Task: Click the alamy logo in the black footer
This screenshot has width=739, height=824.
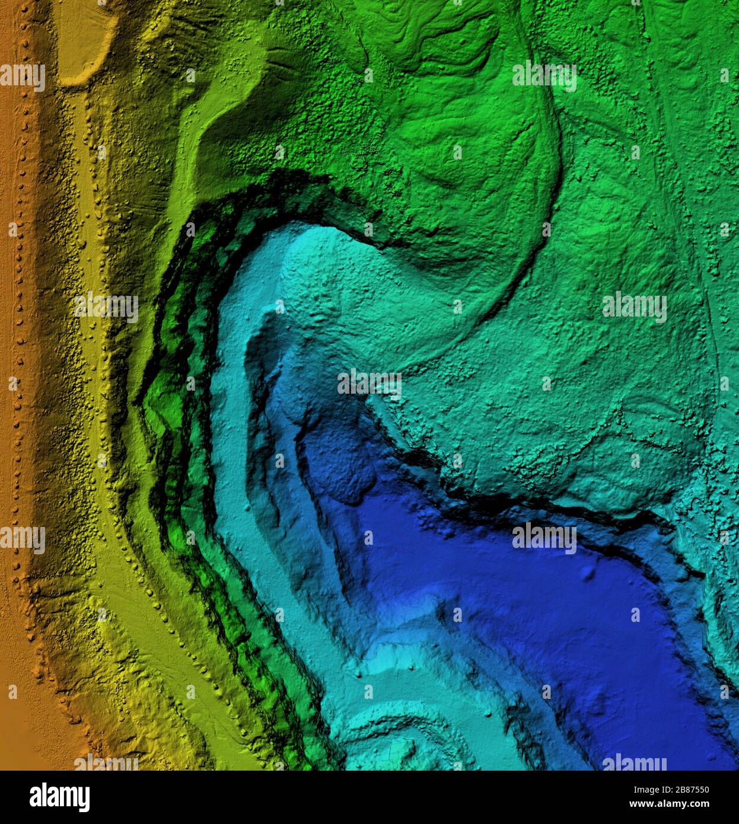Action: pos(59,797)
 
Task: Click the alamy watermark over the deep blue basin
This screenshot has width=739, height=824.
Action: pos(544,537)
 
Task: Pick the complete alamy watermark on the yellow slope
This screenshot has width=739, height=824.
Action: pos(106,307)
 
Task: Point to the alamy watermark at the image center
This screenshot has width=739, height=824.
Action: pos(369,383)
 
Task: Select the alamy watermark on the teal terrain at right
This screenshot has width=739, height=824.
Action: pos(634,307)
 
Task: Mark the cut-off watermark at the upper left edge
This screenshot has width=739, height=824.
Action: pos(23,76)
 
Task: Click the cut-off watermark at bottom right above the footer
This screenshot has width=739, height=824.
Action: pos(634,762)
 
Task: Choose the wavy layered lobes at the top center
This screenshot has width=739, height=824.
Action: pos(451,36)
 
